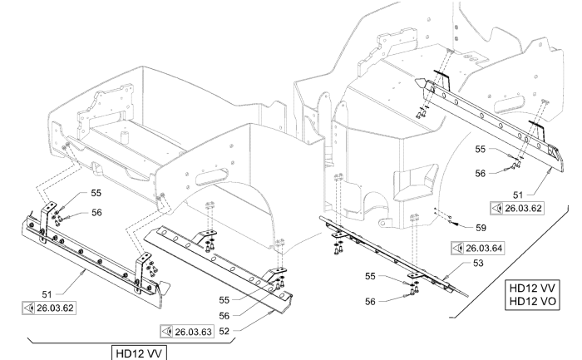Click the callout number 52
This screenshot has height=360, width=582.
(224, 331)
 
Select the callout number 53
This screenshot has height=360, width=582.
(478, 263)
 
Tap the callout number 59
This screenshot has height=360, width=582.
(481, 228)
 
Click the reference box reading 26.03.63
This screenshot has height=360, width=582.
(187, 332)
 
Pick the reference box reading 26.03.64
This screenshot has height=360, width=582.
(478, 248)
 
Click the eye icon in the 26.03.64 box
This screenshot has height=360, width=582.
(458, 248)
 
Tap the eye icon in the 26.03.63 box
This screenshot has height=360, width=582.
(167, 332)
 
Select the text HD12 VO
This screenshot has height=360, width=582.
(533, 301)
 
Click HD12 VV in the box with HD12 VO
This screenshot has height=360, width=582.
(533, 288)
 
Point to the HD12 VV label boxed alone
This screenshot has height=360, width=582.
(139, 353)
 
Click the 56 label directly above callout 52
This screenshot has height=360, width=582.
(224, 316)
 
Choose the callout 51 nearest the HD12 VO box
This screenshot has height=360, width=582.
(518, 195)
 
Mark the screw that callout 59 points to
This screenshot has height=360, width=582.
(451, 223)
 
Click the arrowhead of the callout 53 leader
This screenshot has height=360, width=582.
(445, 278)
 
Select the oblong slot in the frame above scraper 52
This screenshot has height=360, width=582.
(211, 176)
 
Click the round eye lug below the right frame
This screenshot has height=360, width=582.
(383, 224)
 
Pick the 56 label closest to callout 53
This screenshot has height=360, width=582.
(370, 301)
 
